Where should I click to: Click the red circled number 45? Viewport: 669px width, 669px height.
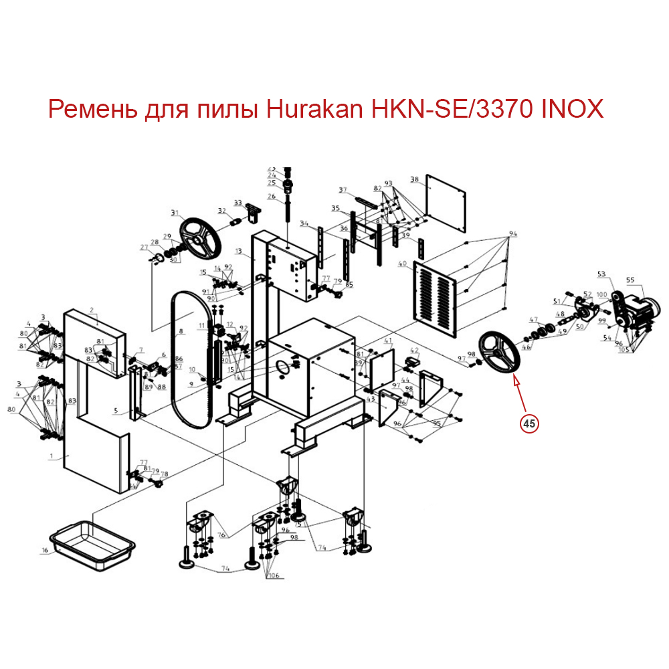pyautogui.click(x=529, y=423)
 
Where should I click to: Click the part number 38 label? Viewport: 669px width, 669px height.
pyautogui.click(x=414, y=179)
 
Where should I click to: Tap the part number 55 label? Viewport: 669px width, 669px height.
pyautogui.click(x=630, y=280)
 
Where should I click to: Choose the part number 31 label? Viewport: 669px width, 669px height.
pyautogui.click(x=175, y=214)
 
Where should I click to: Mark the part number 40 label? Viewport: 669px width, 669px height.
pyautogui.click(x=402, y=264)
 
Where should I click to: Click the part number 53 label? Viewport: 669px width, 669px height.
pyautogui.click(x=601, y=274)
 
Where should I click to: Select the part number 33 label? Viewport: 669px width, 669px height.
pyautogui.click(x=237, y=203)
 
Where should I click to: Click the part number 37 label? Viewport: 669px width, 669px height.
pyautogui.click(x=343, y=190)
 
